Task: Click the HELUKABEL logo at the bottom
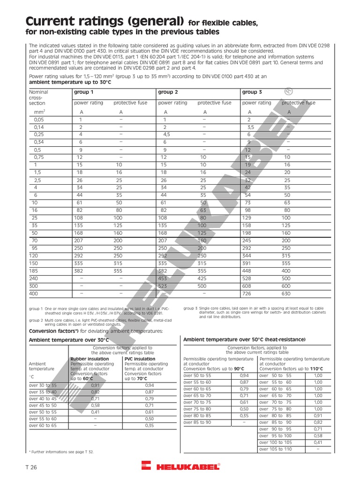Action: coord(180,467)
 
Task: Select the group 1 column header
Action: coord(83,92)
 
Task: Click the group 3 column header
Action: coord(252,92)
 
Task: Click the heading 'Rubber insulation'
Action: coord(89,359)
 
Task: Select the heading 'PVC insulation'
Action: coord(140,359)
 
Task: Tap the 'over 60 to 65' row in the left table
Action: coord(43,426)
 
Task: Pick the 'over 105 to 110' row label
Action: coord(275,449)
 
